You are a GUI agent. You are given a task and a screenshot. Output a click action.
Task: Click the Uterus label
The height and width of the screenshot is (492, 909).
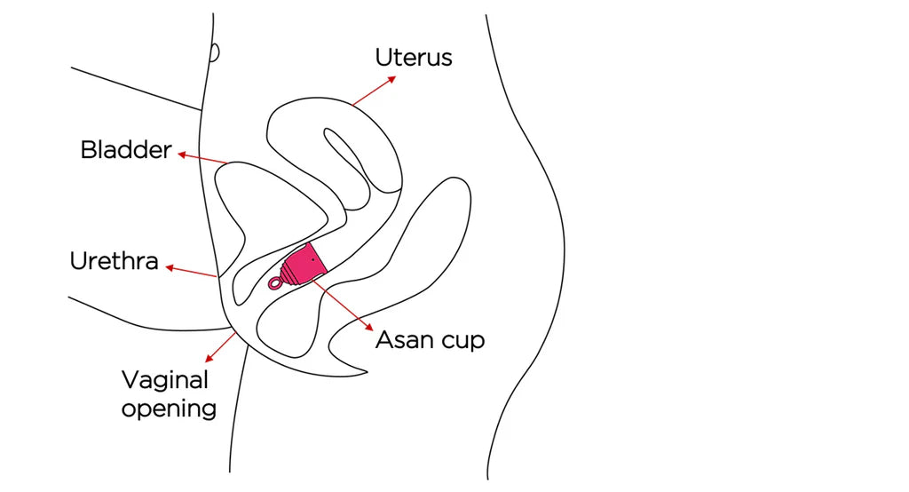(413, 58)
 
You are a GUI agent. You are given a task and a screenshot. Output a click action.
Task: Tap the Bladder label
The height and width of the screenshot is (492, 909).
(125, 149)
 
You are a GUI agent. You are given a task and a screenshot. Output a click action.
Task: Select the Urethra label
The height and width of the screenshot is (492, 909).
(115, 261)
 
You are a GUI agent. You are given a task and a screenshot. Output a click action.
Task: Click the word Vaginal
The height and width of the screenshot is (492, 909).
(165, 380)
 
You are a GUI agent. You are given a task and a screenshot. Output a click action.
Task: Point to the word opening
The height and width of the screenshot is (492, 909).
(169, 409)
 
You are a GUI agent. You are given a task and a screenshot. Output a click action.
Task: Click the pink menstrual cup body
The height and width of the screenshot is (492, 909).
(304, 261)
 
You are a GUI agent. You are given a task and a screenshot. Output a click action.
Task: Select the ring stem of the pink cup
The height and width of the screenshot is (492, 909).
(276, 283)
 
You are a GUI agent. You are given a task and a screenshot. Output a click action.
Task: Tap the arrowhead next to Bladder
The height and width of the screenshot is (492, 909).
(181, 155)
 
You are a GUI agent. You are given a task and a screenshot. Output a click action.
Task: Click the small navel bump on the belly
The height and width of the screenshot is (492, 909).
(215, 52)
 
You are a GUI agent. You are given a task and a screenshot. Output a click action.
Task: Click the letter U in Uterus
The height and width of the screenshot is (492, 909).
(383, 58)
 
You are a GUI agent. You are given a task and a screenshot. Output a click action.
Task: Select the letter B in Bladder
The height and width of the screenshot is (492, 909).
(88, 149)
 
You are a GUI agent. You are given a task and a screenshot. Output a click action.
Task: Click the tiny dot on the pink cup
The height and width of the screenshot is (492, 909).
(312, 258)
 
